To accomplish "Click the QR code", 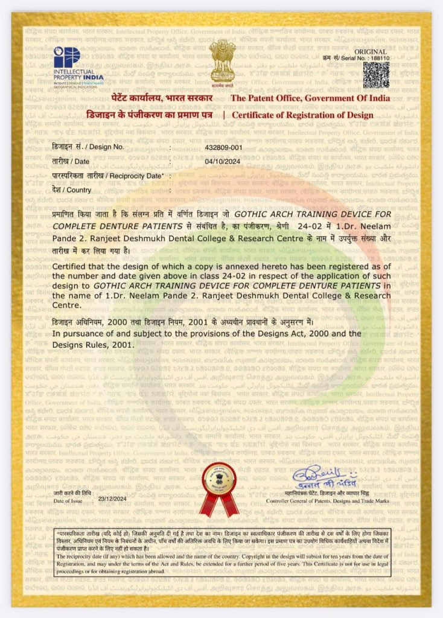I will point(375,75).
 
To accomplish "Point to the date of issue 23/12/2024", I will point(112,499).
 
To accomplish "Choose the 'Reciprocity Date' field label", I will point(107,175).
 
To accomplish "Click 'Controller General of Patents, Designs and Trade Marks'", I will point(328,501).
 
